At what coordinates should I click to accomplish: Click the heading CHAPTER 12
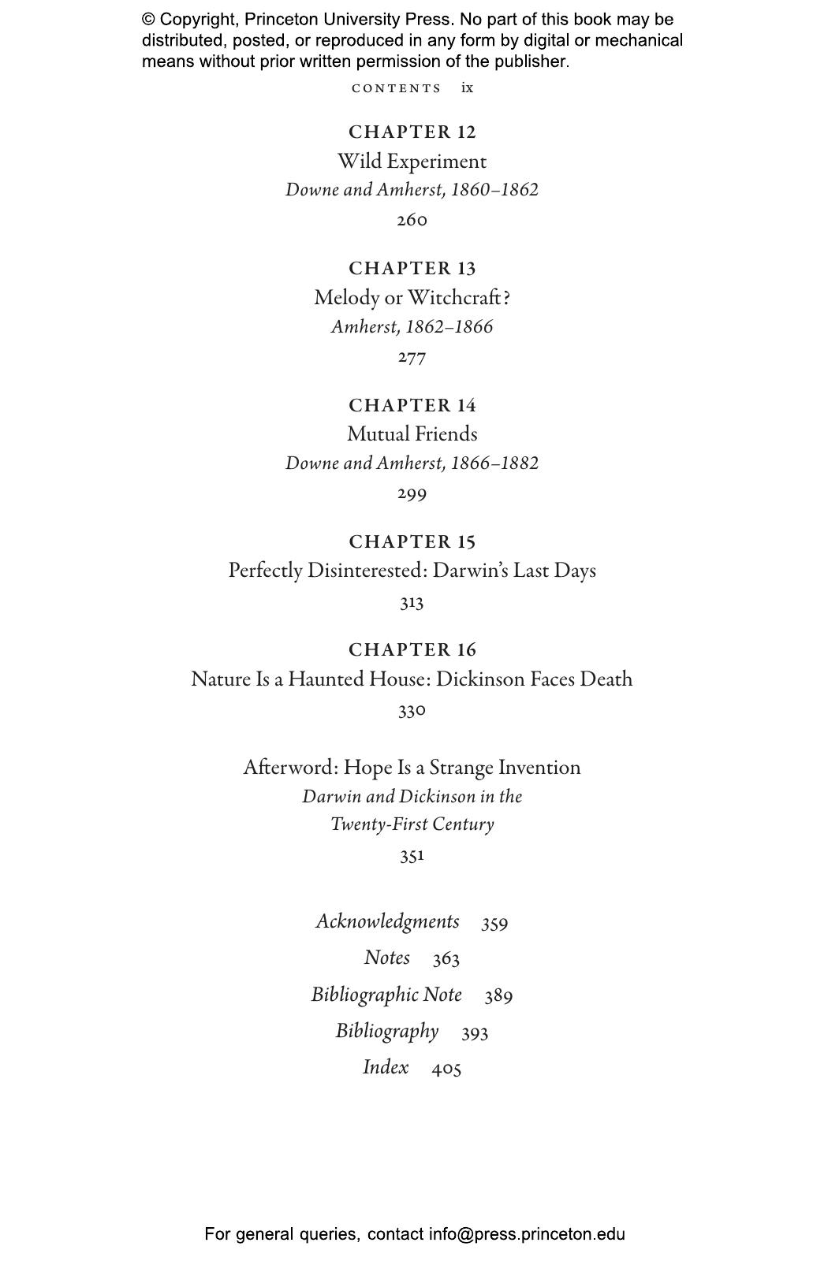(412, 132)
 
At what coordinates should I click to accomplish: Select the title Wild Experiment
(412, 162)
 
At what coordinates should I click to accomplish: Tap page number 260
(412, 220)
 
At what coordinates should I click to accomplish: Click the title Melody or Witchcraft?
(412, 298)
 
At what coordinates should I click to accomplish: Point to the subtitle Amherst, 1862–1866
(412, 327)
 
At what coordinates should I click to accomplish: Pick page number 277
(412, 357)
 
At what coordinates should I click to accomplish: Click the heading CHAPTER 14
(412, 406)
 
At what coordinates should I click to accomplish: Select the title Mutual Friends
(412, 434)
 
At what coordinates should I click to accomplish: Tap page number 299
(412, 494)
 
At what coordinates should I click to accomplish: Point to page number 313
(412, 603)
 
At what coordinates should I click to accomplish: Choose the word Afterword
(290, 768)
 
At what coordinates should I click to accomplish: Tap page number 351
(412, 856)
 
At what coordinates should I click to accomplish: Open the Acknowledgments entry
(387, 921)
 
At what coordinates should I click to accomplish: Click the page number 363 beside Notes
(446, 958)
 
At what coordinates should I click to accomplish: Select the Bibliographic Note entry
(386, 995)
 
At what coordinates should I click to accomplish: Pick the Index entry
(386, 1067)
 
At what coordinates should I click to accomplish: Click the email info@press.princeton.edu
(527, 1234)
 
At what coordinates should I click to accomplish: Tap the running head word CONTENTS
(397, 88)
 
